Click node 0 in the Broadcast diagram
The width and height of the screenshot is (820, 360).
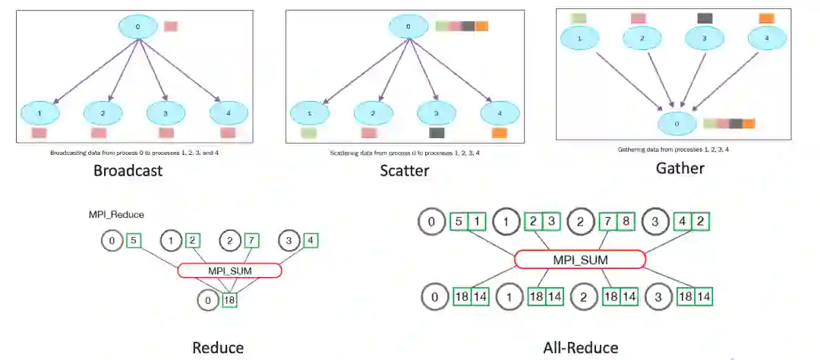click(x=137, y=27)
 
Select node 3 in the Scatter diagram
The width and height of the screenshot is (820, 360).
click(x=435, y=112)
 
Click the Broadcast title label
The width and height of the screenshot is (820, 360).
click(x=128, y=170)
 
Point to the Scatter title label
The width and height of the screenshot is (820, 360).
click(x=405, y=170)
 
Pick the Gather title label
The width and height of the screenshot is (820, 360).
click(x=680, y=168)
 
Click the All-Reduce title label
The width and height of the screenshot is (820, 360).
click(x=581, y=347)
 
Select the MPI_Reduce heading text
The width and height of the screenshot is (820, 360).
click(x=116, y=215)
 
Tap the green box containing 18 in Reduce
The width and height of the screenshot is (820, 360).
click(x=229, y=300)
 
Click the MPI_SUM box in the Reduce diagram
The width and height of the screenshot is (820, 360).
click(x=229, y=270)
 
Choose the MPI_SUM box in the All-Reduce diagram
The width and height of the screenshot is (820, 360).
click(x=580, y=260)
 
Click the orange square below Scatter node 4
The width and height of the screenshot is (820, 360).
click(x=499, y=133)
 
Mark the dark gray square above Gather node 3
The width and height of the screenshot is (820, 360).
click(x=705, y=17)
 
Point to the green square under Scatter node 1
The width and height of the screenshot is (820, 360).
click(x=307, y=133)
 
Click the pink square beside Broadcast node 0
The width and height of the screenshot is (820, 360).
click(x=171, y=27)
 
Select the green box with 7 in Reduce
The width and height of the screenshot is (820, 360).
click(x=251, y=241)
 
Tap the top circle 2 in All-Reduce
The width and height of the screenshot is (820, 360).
click(x=581, y=223)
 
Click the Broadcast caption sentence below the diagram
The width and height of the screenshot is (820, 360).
click(x=140, y=153)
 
